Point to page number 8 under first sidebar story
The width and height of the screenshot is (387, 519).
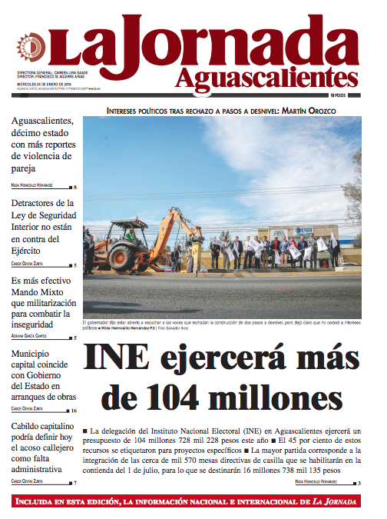click(74, 187)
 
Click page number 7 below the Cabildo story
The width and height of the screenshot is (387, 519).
click(74, 483)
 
